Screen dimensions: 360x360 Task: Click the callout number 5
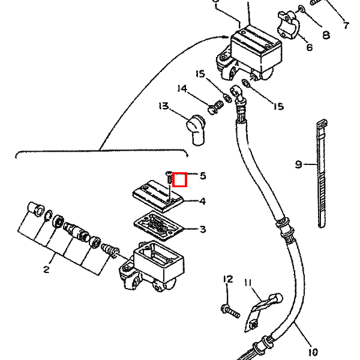pos(203,176)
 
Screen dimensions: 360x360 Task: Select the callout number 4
pos(202,201)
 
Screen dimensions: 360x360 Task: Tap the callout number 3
pos(203,229)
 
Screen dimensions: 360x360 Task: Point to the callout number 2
pos(46,269)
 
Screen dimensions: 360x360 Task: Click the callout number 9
pos(298,164)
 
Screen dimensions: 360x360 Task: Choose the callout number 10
pos(313,352)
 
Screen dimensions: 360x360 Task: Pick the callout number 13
pos(164,106)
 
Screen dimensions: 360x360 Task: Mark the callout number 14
pos(182,89)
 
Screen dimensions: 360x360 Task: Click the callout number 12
pos(228,279)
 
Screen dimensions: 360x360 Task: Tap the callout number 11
pos(248,283)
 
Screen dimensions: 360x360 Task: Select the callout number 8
pos(326,35)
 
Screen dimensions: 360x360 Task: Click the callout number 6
pos(310,47)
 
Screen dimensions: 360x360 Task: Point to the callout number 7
pos(346,25)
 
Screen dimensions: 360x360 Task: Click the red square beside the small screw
pos(179,179)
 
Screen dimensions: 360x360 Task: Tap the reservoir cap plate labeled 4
pos(158,196)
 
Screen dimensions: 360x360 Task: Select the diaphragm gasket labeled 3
pos(159,226)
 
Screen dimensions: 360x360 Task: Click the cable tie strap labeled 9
pos(322,173)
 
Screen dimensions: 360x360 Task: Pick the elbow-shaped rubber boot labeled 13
pos(196,130)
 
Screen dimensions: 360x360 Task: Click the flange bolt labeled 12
pos(231,311)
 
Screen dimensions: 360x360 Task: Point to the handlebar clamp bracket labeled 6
pos(288,25)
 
